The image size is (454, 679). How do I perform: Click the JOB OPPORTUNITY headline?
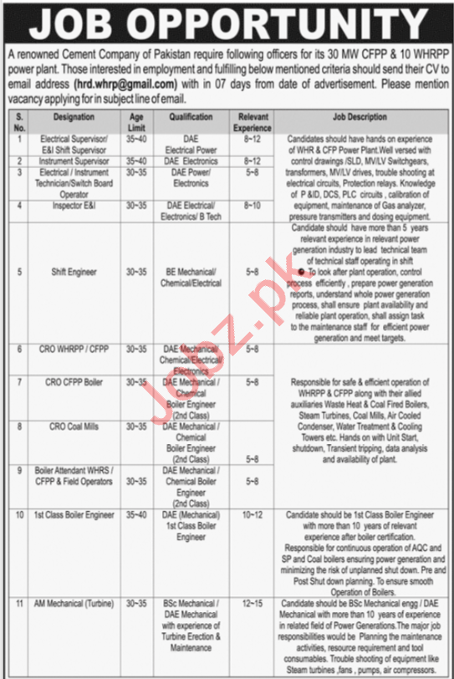point(226,19)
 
